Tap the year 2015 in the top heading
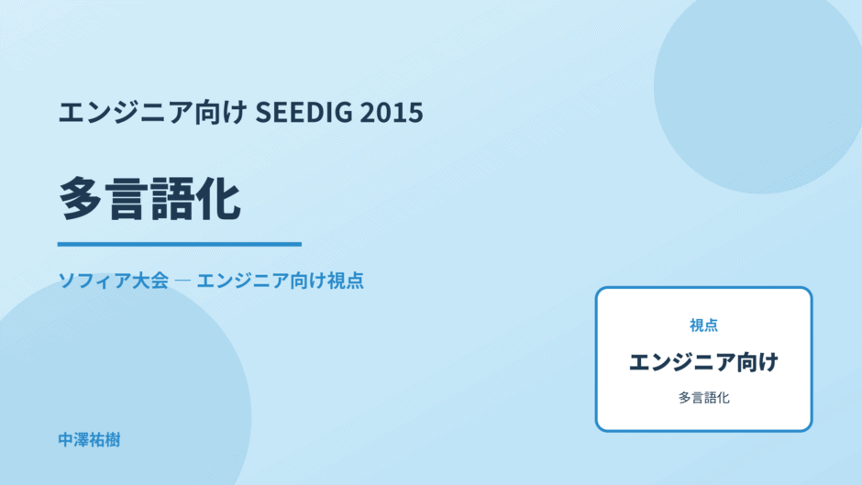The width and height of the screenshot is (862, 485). [x=392, y=112]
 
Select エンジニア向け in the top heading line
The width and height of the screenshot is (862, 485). [x=153, y=112]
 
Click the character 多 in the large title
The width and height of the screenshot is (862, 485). [x=81, y=199]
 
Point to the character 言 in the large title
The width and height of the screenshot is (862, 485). [x=127, y=199]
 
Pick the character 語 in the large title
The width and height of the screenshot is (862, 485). [x=172, y=199]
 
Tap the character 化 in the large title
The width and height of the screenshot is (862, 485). [x=218, y=199]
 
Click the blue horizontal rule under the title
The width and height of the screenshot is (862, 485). [x=180, y=244]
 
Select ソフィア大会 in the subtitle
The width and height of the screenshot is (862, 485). [x=113, y=281]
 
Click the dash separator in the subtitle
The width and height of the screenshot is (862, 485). [x=182, y=281]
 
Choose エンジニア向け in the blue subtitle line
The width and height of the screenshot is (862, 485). [x=261, y=281]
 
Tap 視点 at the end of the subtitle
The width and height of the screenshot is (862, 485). [x=345, y=281]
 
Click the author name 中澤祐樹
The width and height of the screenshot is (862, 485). [x=89, y=440]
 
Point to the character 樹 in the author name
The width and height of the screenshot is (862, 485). [x=113, y=440]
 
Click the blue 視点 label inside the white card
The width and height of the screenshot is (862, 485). [x=703, y=325]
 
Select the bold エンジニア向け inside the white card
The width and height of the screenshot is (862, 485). [x=703, y=362]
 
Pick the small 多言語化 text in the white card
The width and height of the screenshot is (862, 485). [x=703, y=398]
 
